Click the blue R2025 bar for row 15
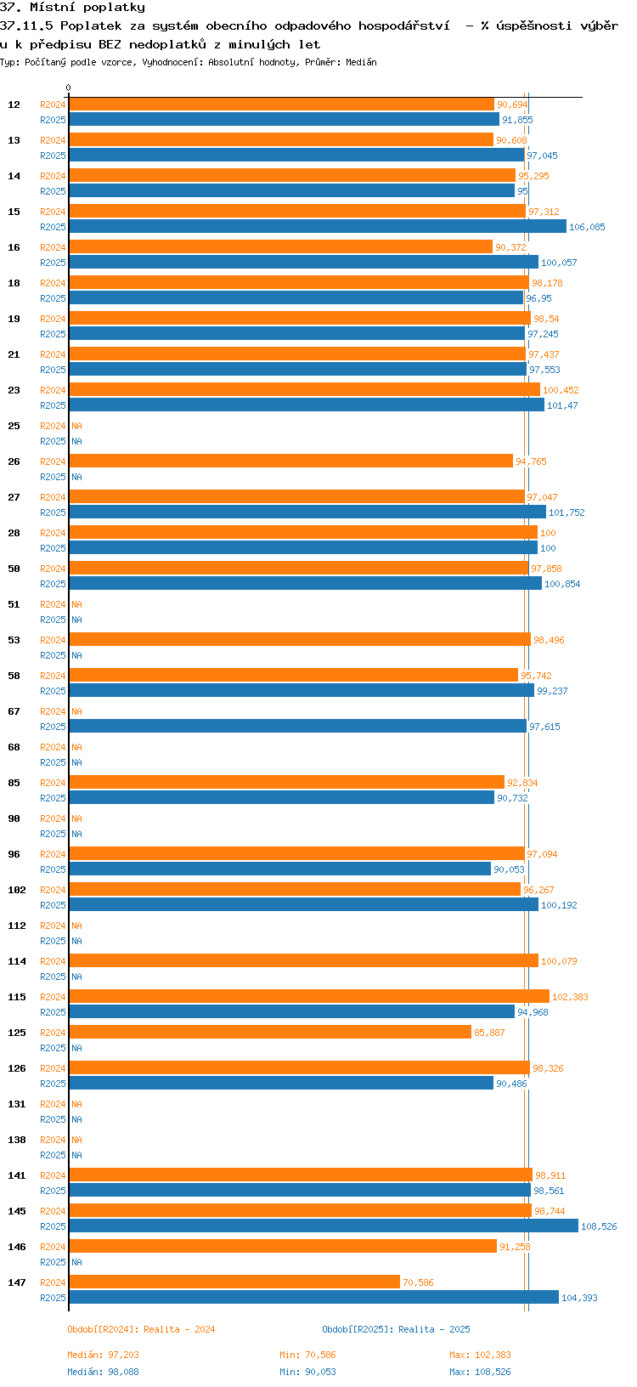click(x=317, y=227)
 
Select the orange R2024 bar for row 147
click(x=234, y=1282)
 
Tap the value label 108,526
click(x=599, y=1226)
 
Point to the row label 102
click(x=16, y=890)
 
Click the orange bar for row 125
click(x=269, y=1033)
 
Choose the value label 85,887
click(x=489, y=1033)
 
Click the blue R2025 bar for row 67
click(x=297, y=727)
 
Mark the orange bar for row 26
click(x=290, y=461)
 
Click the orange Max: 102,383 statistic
click(x=480, y=1355)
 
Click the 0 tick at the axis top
click(x=69, y=88)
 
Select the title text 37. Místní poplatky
click(x=72, y=8)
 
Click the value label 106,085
click(x=587, y=227)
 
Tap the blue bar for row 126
click(x=281, y=1084)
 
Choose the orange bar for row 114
click(x=303, y=961)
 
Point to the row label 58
click(x=14, y=676)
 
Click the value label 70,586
click(x=418, y=1282)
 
